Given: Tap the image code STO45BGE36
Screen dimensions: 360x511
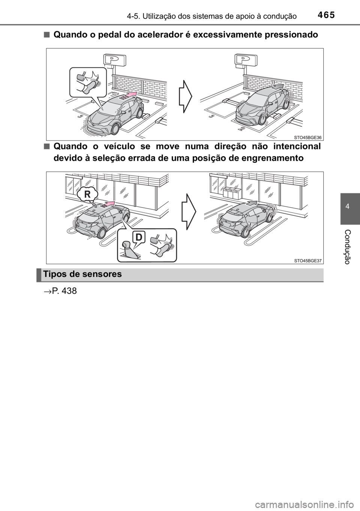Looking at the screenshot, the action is pyautogui.click(x=308, y=137).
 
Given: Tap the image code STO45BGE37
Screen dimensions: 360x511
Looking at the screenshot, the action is pyautogui.click(x=308, y=260).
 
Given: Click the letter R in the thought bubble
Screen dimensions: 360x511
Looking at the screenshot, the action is pyautogui.click(x=87, y=195).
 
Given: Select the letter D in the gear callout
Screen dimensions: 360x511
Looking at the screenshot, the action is pyautogui.click(x=138, y=237).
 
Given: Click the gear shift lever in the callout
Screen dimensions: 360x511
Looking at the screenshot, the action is pyautogui.click(x=129, y=251).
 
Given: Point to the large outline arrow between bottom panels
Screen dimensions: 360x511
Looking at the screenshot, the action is pyautogui.click(x=189, y=212).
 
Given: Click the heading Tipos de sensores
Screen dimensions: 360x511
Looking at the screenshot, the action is pyautogui.click(x=82, y=274).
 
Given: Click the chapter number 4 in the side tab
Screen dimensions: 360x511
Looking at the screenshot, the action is pyautogui.click(x=347, y=207).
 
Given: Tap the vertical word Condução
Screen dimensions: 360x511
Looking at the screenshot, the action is pyautogui.click(x=347, y=247).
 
